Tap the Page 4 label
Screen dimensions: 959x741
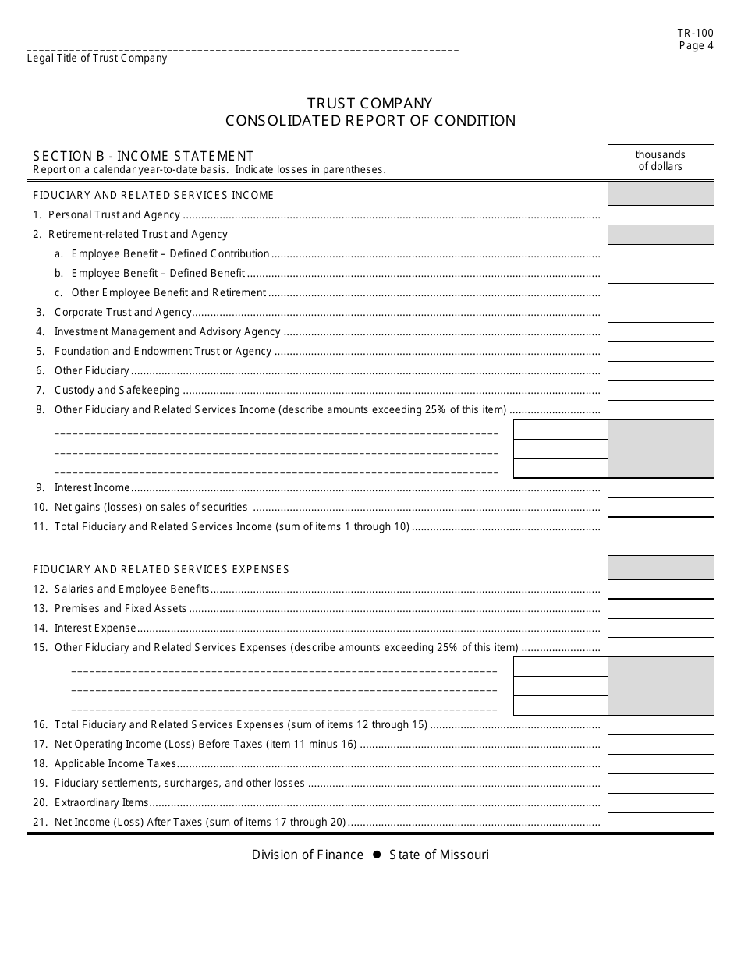point(696,45)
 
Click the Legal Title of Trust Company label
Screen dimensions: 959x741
point(97,58)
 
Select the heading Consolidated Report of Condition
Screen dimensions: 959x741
point(370,121)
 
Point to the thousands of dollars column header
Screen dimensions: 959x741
point(660,161)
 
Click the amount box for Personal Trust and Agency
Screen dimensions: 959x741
point(660,215)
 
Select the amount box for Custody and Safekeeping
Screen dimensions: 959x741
point(660,391)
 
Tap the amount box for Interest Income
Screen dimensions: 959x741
point(660,488)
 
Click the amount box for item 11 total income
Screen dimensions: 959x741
point(660,527)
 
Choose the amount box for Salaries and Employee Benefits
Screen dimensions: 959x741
point(660,589)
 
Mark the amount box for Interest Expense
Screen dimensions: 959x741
point(660,628)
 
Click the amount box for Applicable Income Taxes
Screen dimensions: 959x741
point(660,764)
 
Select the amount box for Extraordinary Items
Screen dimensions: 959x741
point(660,803)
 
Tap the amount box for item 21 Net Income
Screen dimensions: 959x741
point(660,823)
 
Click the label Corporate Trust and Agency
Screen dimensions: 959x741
point(122,312)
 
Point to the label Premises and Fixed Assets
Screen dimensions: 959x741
point(120,608)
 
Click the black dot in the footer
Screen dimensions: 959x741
point(376,855)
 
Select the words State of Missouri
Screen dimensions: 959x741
point(439,855)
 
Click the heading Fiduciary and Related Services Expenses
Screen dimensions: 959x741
point(161,569)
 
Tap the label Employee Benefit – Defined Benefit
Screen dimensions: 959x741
point(158,273)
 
